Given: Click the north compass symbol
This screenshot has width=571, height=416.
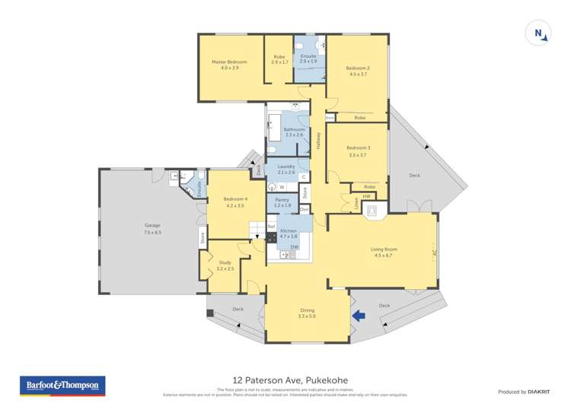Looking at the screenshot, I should click(x=538, y=33).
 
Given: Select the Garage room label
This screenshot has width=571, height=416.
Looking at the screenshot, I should click(x=152, y=225).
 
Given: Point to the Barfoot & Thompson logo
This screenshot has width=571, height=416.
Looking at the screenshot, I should click(x=62, y=386).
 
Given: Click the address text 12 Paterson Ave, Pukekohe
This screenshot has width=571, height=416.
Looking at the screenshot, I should click(x=285, y=380).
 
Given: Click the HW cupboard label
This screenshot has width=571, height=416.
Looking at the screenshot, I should click(x=366, y=196).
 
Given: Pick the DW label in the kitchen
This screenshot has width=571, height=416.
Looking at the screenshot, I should click(x=294, y=246).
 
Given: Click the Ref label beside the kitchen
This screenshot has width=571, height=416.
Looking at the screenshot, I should click(x=271, y=227).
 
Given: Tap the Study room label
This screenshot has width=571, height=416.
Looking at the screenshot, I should click(x=225, y=262).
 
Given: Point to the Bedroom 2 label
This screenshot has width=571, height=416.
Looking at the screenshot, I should click(x=358, y=68).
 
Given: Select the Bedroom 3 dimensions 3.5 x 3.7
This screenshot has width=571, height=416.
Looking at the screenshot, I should click(x=358, y=154).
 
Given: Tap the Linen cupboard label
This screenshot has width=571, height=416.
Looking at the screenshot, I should click(x=357, y=203).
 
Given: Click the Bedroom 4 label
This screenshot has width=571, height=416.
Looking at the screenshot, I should click(x=234, y=199).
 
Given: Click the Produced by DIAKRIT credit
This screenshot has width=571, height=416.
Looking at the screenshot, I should click(x=523, y=391).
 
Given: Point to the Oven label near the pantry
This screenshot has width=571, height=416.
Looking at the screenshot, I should click(x=304, y=208).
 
